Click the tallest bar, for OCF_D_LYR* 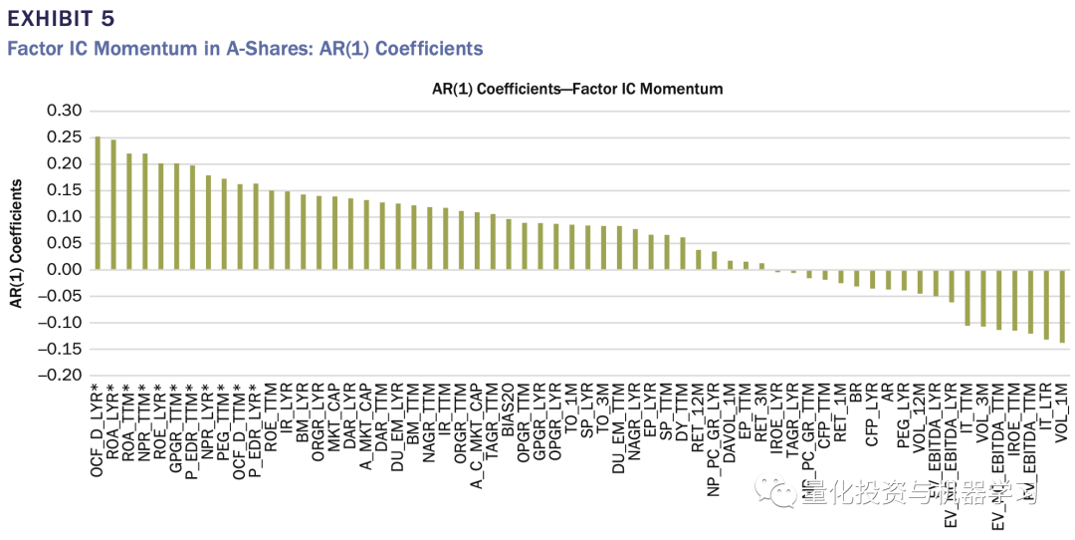click(x=97, y=203)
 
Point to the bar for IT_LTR click(x=1046, y=304)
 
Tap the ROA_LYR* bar click(x=112, y=205)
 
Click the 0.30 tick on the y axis click(x=64, y=111)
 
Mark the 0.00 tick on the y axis click(x=64, y=270)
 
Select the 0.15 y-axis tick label click(x=64, y=190)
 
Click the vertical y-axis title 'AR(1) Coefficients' click(x=17, y=243)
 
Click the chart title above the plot click(x=576, y=89)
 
